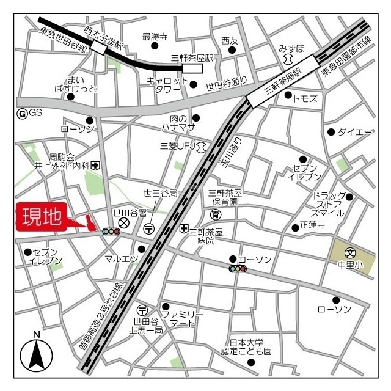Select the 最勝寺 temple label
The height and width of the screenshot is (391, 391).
coord(155,37)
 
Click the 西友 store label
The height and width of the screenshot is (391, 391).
coord(230,40)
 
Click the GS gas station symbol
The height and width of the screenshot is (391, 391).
coord(23,112)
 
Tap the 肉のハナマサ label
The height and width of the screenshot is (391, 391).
coord(182,122)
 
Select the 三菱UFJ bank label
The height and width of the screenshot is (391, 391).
coord(177,146)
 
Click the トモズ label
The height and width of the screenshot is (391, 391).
coord(305,98)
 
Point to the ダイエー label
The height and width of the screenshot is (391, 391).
coord(355,131)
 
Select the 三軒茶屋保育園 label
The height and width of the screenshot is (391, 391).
coord(225,197)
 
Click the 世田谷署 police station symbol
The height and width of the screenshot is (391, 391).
coord(124,223)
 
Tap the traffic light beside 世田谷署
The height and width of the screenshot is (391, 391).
coord(111,232)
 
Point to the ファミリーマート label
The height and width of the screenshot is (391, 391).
coord(183,318)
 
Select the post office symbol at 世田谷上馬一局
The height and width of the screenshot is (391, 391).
coord(142,310)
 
